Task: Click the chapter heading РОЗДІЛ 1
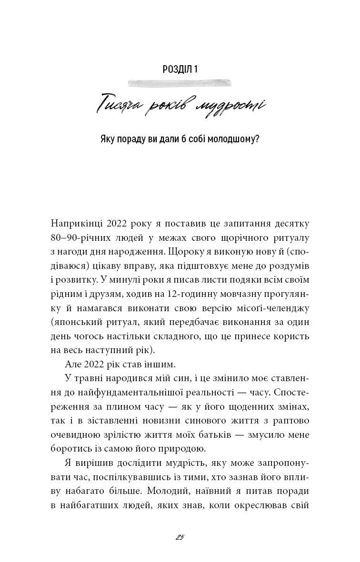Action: [x=180, y=69]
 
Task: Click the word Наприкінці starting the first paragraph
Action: [x=75, y=223]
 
